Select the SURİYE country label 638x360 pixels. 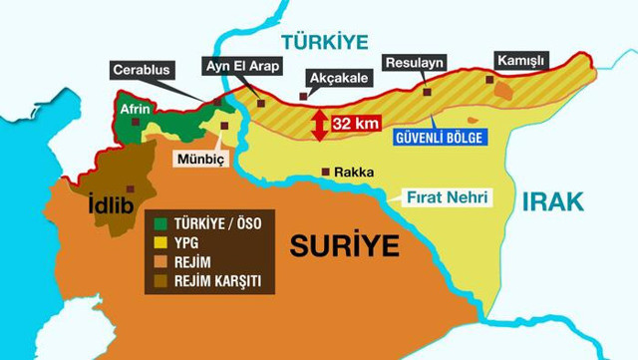pyautogui.click(x=344, y=245)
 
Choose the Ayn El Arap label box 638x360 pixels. pyautogui.click(x=242, y=66)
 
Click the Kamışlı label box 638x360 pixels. pyautogui.click(x=521, y=59)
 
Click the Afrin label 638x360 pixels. pyautogui.click(x=135, y=108)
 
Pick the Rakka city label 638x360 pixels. pyautogui.click(x=354, y=173)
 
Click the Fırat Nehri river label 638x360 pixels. pyautogui.click(x=452, y=197)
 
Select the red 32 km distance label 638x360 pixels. pyautogui.click(x=355, y=125)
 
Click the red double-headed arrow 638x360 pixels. pyautogui.click(x=318, y=126)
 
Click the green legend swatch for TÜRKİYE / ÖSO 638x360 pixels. pyautogui.click(x=158, y=222)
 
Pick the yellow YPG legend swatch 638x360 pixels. pyautogui.click(x=158, y=242)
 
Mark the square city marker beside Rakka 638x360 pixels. pyautogui.click(x=325, y=172)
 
